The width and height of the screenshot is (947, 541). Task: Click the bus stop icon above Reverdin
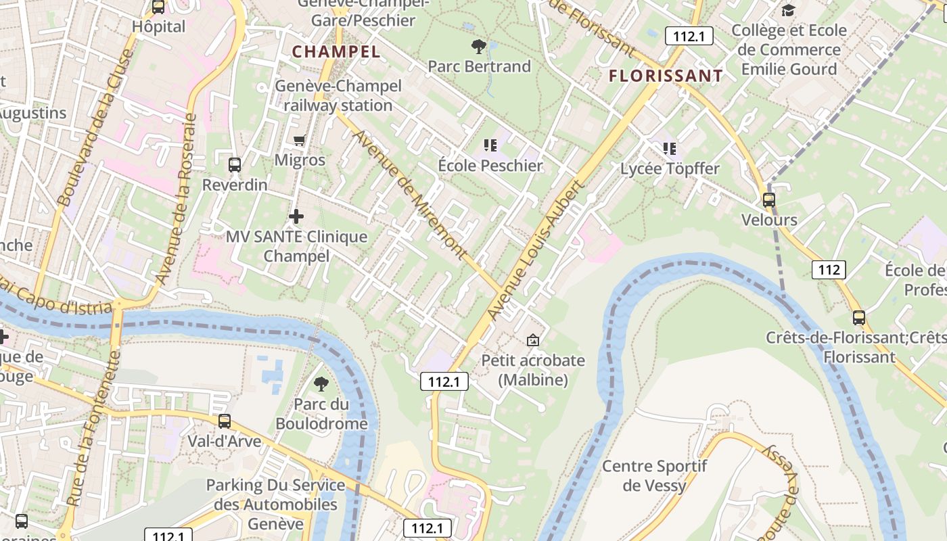[x=235, y=164]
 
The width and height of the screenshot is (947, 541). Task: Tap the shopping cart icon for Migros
[x=300, y=140]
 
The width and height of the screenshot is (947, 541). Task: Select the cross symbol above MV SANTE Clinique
[x=296, y=216]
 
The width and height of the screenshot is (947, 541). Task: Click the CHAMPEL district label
[x=336, y=51]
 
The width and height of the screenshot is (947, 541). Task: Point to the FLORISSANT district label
[x=666, y=76]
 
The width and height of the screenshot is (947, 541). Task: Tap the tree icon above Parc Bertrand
[x=479, y=47]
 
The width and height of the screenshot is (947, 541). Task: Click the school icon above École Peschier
[x=490, y=145]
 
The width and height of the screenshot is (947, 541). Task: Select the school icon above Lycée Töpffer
[x=670, y=148]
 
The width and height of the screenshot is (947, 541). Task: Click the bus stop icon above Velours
[x=769, y=200]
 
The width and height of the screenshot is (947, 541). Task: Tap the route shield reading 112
[x=829, y=270]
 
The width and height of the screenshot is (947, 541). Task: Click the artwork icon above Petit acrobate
[x=533, y=340]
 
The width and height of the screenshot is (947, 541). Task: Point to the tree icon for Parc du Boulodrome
[x=321, y=384]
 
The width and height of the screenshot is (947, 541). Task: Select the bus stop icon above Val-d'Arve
[x=225, y=421]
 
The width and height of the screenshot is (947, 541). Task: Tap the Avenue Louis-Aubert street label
[x=535, y=250]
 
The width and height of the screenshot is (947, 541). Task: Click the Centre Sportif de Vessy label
[x=654, y=475]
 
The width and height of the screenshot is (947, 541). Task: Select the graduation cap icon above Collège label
[x=788, y=10]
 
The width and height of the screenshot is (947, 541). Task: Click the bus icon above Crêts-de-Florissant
[x=859, y=317]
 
